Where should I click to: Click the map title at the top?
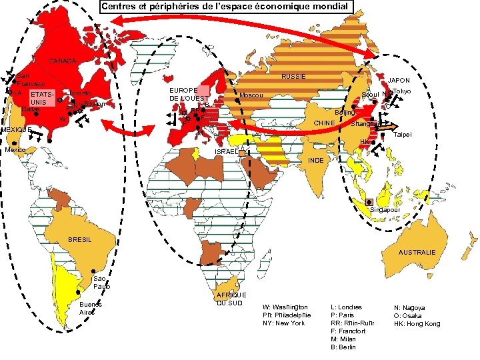click(x=225, y=7)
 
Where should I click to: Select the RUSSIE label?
click(x=293, y=76)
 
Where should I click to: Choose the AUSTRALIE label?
click(x=417, y=253)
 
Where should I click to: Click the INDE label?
click(x=317, y=161)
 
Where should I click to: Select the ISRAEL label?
click(x=225, y=153)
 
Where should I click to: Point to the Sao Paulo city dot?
click(x=92, y=273)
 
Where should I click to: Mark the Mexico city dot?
click(x=15, y=143)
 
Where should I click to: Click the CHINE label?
click(x=324, y=123)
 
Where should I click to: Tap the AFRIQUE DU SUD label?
click(x=231, y=299)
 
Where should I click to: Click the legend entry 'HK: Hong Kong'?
click(x=417, y=323)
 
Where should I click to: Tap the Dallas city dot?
click(x=36, y=114)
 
